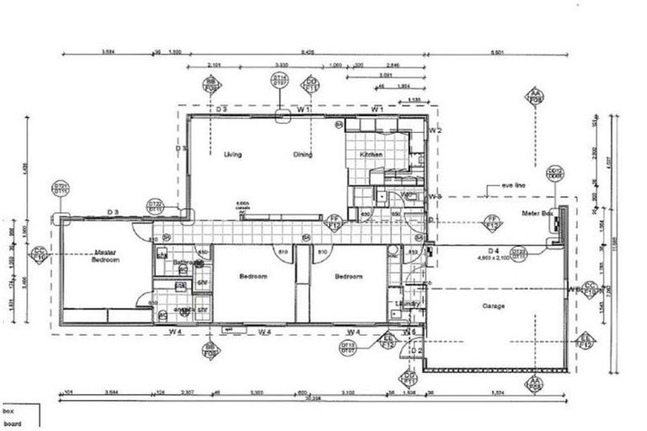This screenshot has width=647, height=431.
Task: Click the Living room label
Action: click(x=233, y=155)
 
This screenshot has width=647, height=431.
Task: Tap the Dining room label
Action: click(x=303, y=155)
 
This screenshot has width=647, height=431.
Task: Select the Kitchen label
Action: click(x=372, y=156)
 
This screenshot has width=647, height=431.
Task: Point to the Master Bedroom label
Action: click(x=106, y=257)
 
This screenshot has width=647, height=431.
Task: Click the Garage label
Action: click(x=494, y=306)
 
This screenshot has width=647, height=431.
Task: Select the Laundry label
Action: click(x=409, y=303)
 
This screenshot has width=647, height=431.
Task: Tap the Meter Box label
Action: click(x=537, y=215)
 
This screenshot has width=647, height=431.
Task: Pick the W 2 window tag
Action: click(x=436, y=130)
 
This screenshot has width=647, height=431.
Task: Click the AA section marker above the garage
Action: click(x=535, y=96)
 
